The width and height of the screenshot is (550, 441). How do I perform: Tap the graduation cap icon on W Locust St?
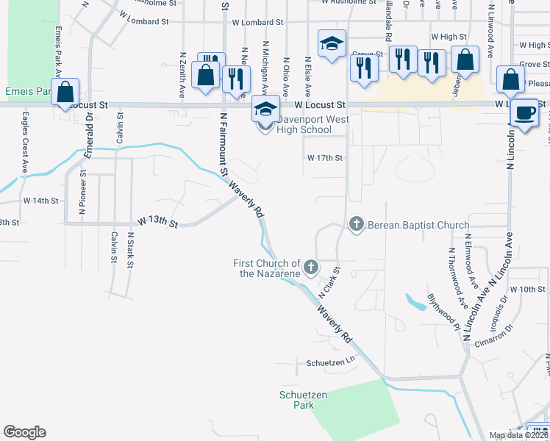point(265,110)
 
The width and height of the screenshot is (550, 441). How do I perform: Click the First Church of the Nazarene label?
point(266,268)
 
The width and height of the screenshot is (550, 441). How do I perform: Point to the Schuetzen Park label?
point(297,400)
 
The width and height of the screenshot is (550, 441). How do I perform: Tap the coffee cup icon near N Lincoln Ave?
point(524,113)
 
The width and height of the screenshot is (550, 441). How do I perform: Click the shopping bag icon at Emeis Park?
point(65,93)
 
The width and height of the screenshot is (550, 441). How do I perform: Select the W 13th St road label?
point(157,222)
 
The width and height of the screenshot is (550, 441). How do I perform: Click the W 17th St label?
point(325,157)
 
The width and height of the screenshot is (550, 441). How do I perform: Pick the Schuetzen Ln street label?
point(330,363)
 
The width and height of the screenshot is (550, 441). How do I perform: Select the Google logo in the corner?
point(24,432)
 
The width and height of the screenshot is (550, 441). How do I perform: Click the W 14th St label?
point(40,200)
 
